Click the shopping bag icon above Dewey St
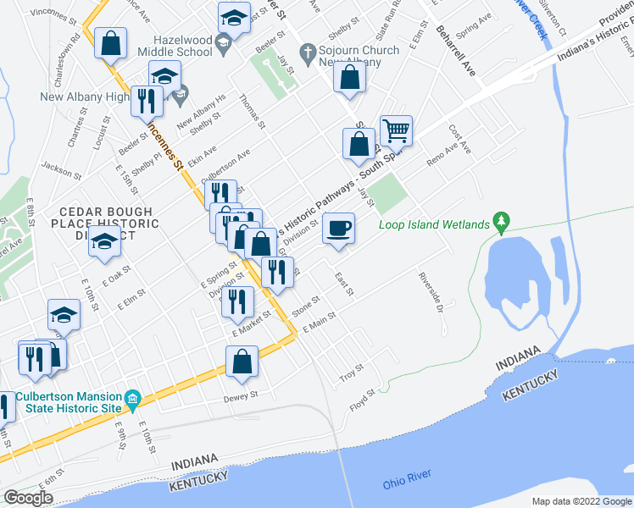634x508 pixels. pos(242,362)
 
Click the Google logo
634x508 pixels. pos(29,498)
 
